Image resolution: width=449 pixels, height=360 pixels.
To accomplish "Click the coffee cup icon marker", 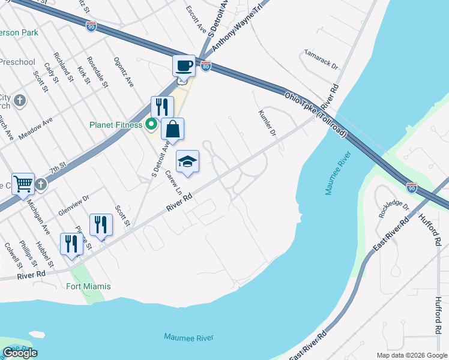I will pos(184,65).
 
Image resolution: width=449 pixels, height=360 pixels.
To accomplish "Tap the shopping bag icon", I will pos(172,129).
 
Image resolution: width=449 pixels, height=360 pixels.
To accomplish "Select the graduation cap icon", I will pos(187,161).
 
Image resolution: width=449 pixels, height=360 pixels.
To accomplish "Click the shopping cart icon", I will pos(23,183).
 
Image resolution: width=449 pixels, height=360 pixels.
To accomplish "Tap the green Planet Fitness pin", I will pos(151,125).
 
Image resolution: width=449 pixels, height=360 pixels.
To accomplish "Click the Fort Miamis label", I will pos(89,286).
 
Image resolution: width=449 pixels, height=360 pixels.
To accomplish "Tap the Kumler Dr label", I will pos(267,123).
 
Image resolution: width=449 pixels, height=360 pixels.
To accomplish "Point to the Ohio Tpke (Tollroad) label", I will pos(316,114).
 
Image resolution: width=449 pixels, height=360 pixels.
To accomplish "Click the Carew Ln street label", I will pos(175,179).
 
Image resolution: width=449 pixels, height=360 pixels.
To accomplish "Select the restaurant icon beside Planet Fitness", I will pos(162,107).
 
